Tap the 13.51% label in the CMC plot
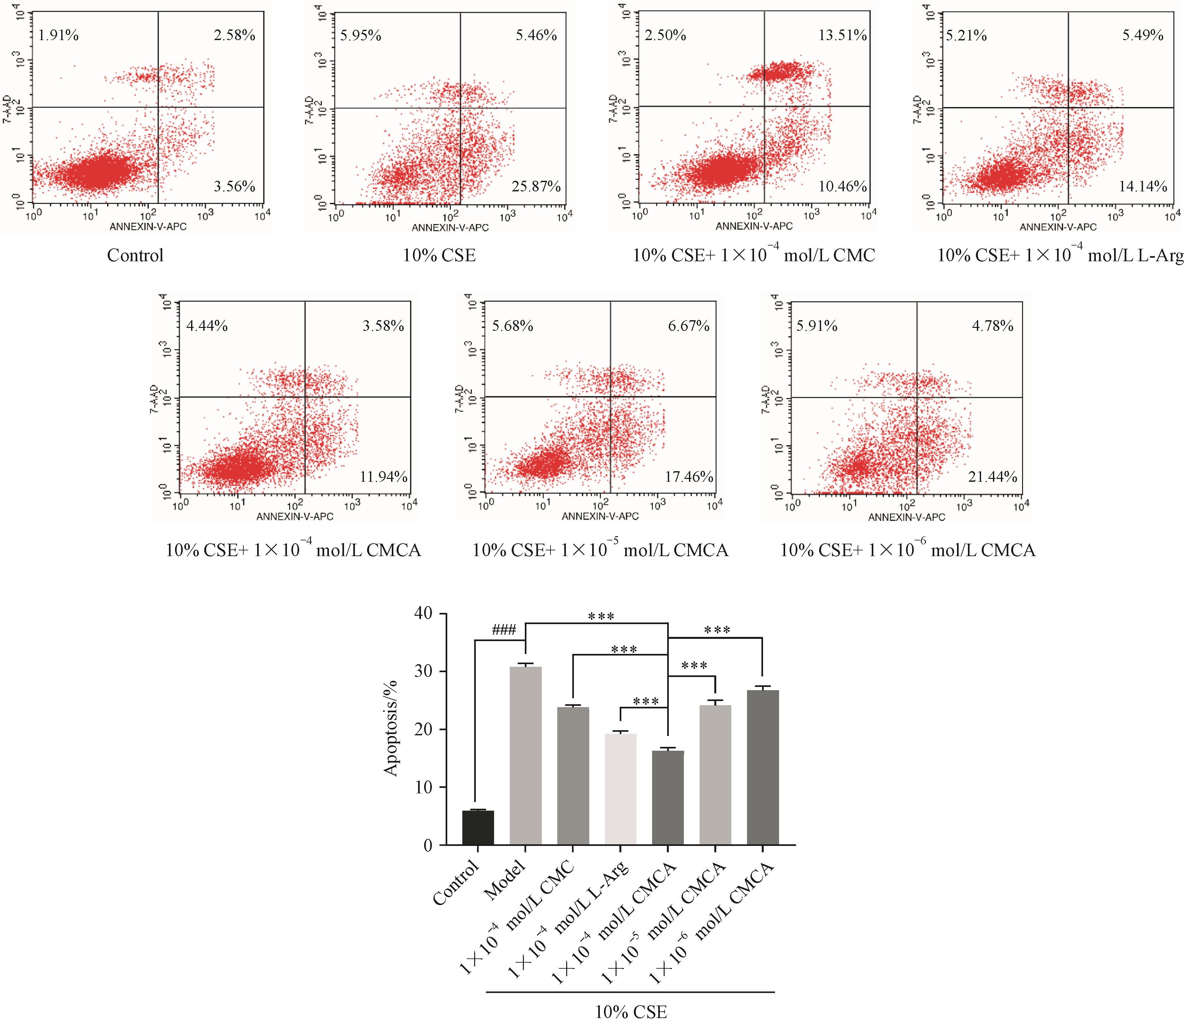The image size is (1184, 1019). (842, 35)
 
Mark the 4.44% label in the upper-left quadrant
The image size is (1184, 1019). (207, 326)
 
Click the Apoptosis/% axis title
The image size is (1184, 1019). (391, 729)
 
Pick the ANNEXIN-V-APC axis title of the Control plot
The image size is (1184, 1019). (148, 226)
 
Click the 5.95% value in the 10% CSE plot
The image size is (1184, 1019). (361, 35)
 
